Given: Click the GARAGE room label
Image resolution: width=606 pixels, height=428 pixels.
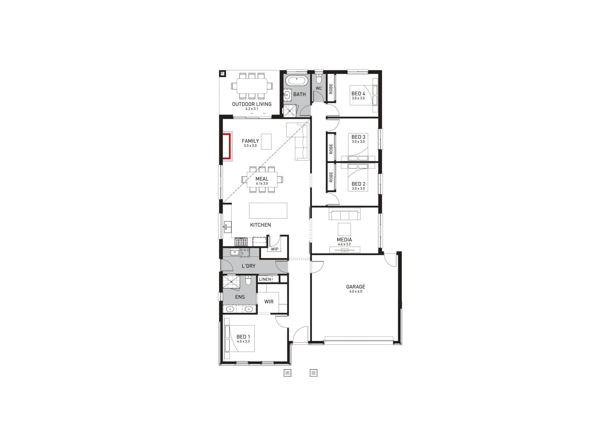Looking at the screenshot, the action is click(x=355, y=287).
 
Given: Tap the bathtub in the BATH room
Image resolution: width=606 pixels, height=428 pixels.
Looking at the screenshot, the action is click(x=297, y=81).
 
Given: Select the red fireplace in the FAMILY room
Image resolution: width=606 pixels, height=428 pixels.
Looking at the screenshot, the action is click(x=227, y=146).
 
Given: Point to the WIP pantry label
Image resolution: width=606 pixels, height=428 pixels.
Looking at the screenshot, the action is click(x=275, y=249).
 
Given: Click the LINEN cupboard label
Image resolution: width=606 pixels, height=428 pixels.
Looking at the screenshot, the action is click(x=265, y=279).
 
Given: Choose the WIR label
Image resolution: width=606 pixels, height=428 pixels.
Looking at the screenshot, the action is click(x=269, y=302).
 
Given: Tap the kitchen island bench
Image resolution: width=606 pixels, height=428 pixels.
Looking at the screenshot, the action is click(x=268, y=210).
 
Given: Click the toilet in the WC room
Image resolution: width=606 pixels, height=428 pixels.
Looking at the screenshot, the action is click(x=319, y=78).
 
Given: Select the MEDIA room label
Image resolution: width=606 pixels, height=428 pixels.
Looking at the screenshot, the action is click(x=344, y=240).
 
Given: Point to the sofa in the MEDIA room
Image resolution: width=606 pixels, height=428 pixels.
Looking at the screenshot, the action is click(x=344, y=214).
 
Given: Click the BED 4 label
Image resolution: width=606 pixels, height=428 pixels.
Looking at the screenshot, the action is click(x=358, y=94).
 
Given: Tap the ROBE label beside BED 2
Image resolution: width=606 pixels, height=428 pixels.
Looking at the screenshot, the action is click(x=331, y=177).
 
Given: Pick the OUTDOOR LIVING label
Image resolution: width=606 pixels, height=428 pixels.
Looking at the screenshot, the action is click(x=252, y=104).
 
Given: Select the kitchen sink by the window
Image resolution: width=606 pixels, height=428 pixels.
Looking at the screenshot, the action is click(x=227, y=227).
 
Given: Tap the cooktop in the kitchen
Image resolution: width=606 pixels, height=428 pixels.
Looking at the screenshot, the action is click(x=241, y=242).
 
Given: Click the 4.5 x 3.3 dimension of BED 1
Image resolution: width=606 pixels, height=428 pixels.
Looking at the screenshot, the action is click(x=243, y=341).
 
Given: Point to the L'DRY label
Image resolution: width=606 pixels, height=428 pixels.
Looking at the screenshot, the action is click(x=249, y=266).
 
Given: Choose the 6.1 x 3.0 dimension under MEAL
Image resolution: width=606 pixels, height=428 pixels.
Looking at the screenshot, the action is click(x=262, y=183).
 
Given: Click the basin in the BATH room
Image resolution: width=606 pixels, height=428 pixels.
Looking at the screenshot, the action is click(x=287, y=95).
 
